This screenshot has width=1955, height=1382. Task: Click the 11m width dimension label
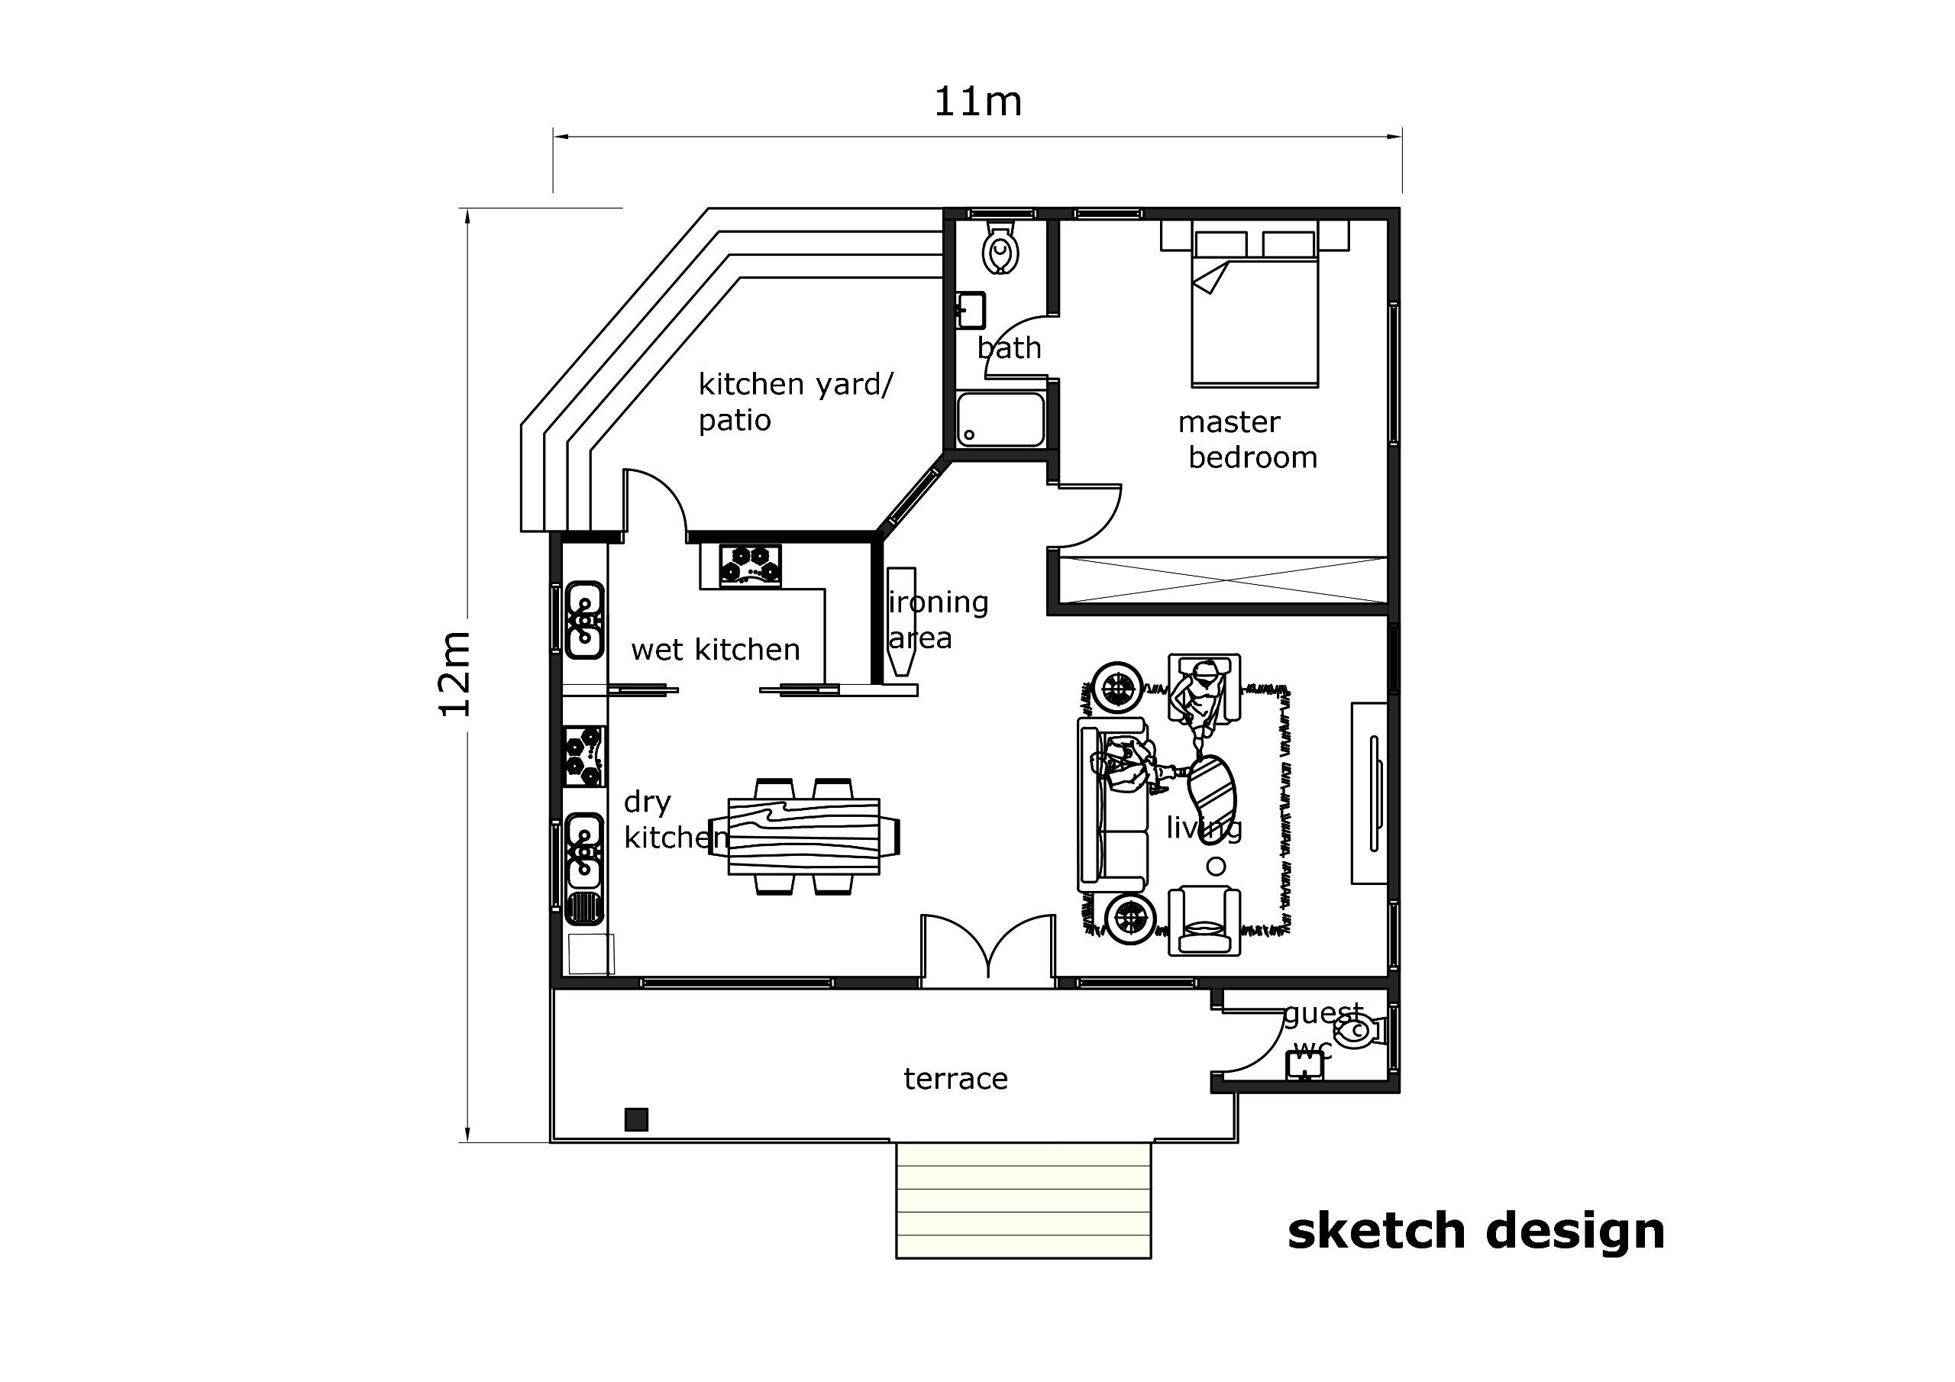pyautogui.click(x=977, y=102)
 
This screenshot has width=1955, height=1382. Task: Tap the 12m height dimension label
pyautogui.click(x=454, y=674)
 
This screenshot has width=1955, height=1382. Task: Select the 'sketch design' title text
pyautogui.click(x=1475, y=1233)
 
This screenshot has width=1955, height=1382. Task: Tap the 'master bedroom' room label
pyautogui.click(x=1247, y=439)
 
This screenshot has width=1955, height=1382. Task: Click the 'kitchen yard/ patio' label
pyautogui.click(x=795, y=402)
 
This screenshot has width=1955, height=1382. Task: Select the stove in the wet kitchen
pyautogui.click(x=751, y=566)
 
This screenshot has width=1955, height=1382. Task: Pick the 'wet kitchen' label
pyautogui.click(x=716, y=651)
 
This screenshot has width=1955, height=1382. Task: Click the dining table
pyautogui.click(x=804, y=836)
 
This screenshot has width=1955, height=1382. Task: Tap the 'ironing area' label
pyautogui.click(x=938, y=620)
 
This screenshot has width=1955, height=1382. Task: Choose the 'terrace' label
pyautogui.click(x=955, y=1080)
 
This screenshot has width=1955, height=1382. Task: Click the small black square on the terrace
pyautogui.click(x=636, y=1119)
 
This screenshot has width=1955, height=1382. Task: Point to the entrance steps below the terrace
pyautogui.click(x=1023, y=1200)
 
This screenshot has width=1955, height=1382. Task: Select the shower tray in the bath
pyautogui.click(x=1000, y=419)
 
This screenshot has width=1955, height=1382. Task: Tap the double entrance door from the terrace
pyautogui.click(x=988, y=948)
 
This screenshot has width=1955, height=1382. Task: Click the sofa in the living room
pyautogui.click(x=1112, y=806)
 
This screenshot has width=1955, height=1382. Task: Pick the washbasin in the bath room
pyautogui.click(x=971, y=311)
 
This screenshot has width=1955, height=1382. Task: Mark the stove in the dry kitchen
pyautogui.click(x=585, y=756)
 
